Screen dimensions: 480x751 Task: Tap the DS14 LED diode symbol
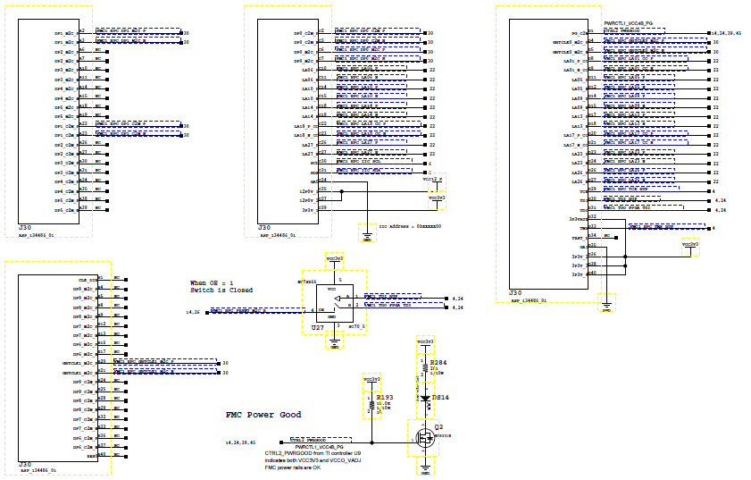coord(426,399)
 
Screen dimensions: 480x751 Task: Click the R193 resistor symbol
coord(371,405)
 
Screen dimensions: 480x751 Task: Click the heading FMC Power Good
coord(263,415)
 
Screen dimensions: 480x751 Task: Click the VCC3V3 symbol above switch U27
coord(334,257)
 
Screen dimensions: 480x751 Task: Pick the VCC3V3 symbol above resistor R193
coord(371,380)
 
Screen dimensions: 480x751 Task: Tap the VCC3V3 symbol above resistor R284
coord(426,342)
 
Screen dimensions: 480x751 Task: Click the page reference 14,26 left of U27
coord(192,312)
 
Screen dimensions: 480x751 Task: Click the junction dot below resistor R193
coord(371,442)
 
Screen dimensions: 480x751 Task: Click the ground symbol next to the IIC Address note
coord(366,238)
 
